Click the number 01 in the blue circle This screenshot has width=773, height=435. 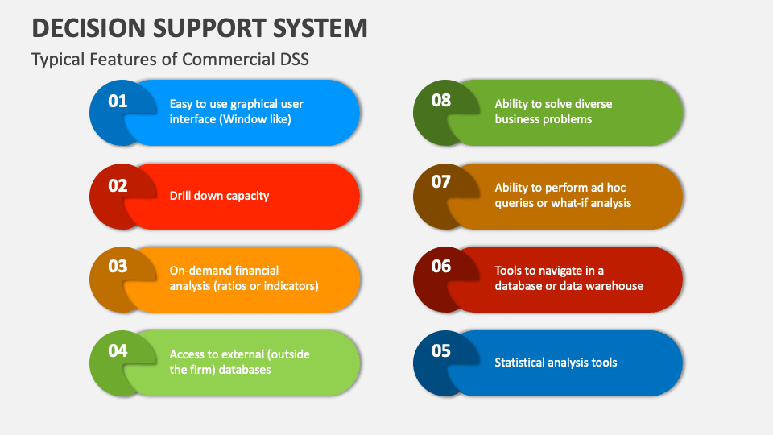[118, 101]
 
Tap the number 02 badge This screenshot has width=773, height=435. [118, 185]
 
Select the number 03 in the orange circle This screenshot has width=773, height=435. [118, 266]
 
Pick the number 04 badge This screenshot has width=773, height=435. [118, 350]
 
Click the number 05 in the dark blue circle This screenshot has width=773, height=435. [441, 350]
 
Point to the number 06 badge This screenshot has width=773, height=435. [441, 266]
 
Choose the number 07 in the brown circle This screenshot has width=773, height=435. [441, 182]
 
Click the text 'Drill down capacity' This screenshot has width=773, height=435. [219, 196]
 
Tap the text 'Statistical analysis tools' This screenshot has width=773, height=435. [556, 362]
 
